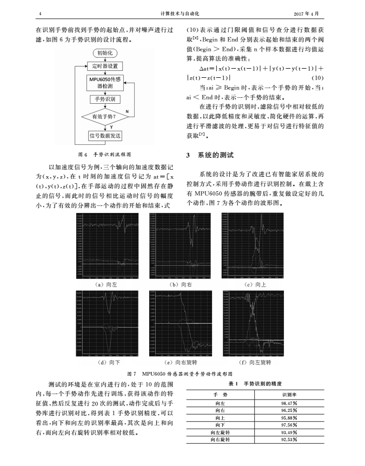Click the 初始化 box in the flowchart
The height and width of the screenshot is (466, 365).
[104, 53]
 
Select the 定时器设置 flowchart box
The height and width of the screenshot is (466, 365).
[104, 66]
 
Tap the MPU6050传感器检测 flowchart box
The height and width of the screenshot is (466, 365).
[104, 83]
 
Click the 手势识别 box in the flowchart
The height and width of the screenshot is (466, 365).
[104, 99]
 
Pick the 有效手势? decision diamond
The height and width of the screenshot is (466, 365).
[104, 116]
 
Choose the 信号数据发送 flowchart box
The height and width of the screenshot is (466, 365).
[104, 135]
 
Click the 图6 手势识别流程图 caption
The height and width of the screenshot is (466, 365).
[104, 154]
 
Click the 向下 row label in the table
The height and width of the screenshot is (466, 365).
[220, 425]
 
